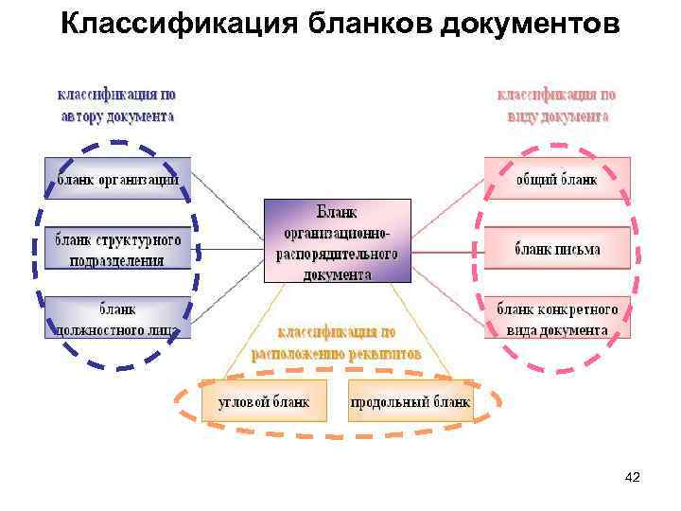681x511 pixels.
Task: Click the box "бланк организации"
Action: click(118, 179)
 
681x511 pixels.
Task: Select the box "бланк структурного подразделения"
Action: click(118, 250)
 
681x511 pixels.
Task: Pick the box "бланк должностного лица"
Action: click(118, 319)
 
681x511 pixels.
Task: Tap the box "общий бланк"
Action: click(557, 179)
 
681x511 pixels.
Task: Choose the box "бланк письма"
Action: click(557, 250)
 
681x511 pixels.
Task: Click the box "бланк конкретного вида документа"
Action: click(557, 320)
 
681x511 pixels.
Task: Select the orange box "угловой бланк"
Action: click(264, 401)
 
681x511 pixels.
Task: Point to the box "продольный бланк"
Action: click(410, 401)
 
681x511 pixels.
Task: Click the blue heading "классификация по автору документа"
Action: click(117, 105)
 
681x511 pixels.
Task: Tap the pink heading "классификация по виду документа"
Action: click(556, 105)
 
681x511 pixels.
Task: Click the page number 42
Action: click(633, 478)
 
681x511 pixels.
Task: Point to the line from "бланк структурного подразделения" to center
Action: click(227, 250)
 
